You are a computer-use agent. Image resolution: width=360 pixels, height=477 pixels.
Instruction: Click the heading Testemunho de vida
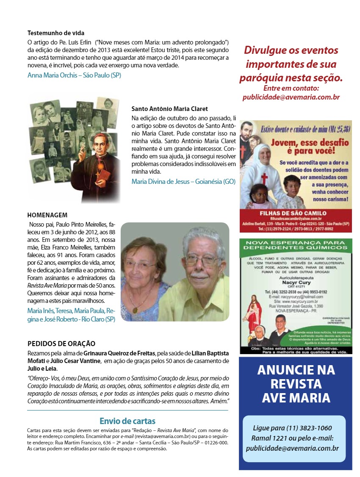pyautogui.click(x=56, y=33)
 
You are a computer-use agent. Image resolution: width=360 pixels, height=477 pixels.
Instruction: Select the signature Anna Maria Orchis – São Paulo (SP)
pyautogui.click(x=74, y=75)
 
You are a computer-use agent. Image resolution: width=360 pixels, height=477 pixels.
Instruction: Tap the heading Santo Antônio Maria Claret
pyautogui.click(x=169, y=109)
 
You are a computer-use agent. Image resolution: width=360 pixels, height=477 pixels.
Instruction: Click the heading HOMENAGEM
pyautogui.click(x=47, y=215)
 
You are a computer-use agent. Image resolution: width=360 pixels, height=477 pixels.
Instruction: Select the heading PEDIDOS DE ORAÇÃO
pyautogui.click(x=61, y=344)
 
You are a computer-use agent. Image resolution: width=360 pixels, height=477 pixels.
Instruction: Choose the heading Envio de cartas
pyautogui.click(x=127, y=421)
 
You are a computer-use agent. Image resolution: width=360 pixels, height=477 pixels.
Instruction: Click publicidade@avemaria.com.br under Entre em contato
pyautogui.click(x=291, y=97)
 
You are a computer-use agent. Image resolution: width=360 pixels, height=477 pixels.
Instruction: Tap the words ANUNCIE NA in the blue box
pyautogui.click(x=296, y=370)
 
